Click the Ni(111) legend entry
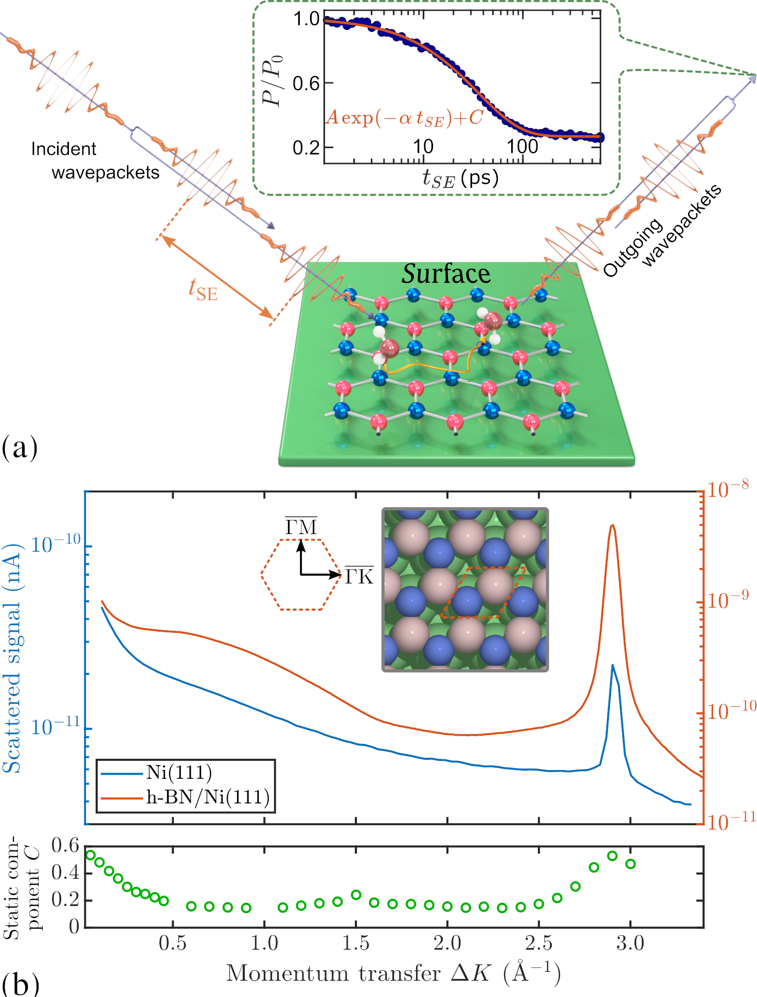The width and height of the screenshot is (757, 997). pyautogui.click(x=179, y=773)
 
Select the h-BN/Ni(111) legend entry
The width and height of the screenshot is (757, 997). pyautogui.click(x=208, y=797)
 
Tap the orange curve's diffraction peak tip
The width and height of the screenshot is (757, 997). pyautogui.click(x=612, y=525)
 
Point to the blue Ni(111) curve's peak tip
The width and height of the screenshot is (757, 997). pyautogui.click(x=612, y=665)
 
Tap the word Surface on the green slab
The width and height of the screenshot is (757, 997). pyautogui.click(x=446, y=274)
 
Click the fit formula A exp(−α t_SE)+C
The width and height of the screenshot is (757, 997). pyautogui.click(x=404, y=118)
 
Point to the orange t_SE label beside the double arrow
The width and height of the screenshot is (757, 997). pyautogui.click(x=203, y=289)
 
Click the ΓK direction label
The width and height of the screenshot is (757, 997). pyautogui.click(x=359, y=576)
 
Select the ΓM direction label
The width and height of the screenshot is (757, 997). pyautogui.click(x=301, y=527)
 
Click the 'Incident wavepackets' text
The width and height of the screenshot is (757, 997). pyautogui.click(x=95, y=161)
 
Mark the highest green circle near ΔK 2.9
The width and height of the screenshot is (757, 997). pyautogui.click(x=612, y=856)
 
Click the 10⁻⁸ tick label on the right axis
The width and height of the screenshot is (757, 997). pyautogui.click(x=727, y=489)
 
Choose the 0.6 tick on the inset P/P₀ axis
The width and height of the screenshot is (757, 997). pyautogui.click(x=307, y=83)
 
